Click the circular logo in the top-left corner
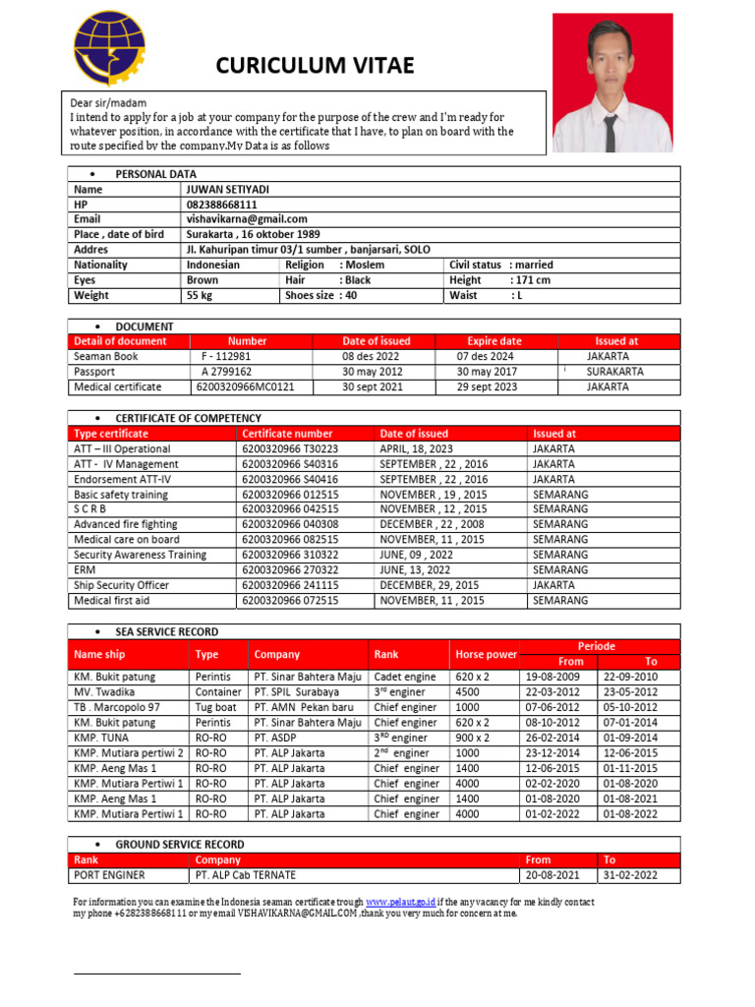[112, 49]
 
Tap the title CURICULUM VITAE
[315, 66]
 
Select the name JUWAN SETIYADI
[228, 189]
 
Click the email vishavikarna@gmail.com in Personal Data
[247, 219]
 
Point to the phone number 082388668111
[222, 205]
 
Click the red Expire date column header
[494, 341]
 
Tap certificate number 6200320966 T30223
[290, 448]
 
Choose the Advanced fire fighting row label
[125, 524]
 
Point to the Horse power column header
[486, 654]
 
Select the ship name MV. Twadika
[104, 692]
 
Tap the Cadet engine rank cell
[405, 677]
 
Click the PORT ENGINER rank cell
[109, 875]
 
